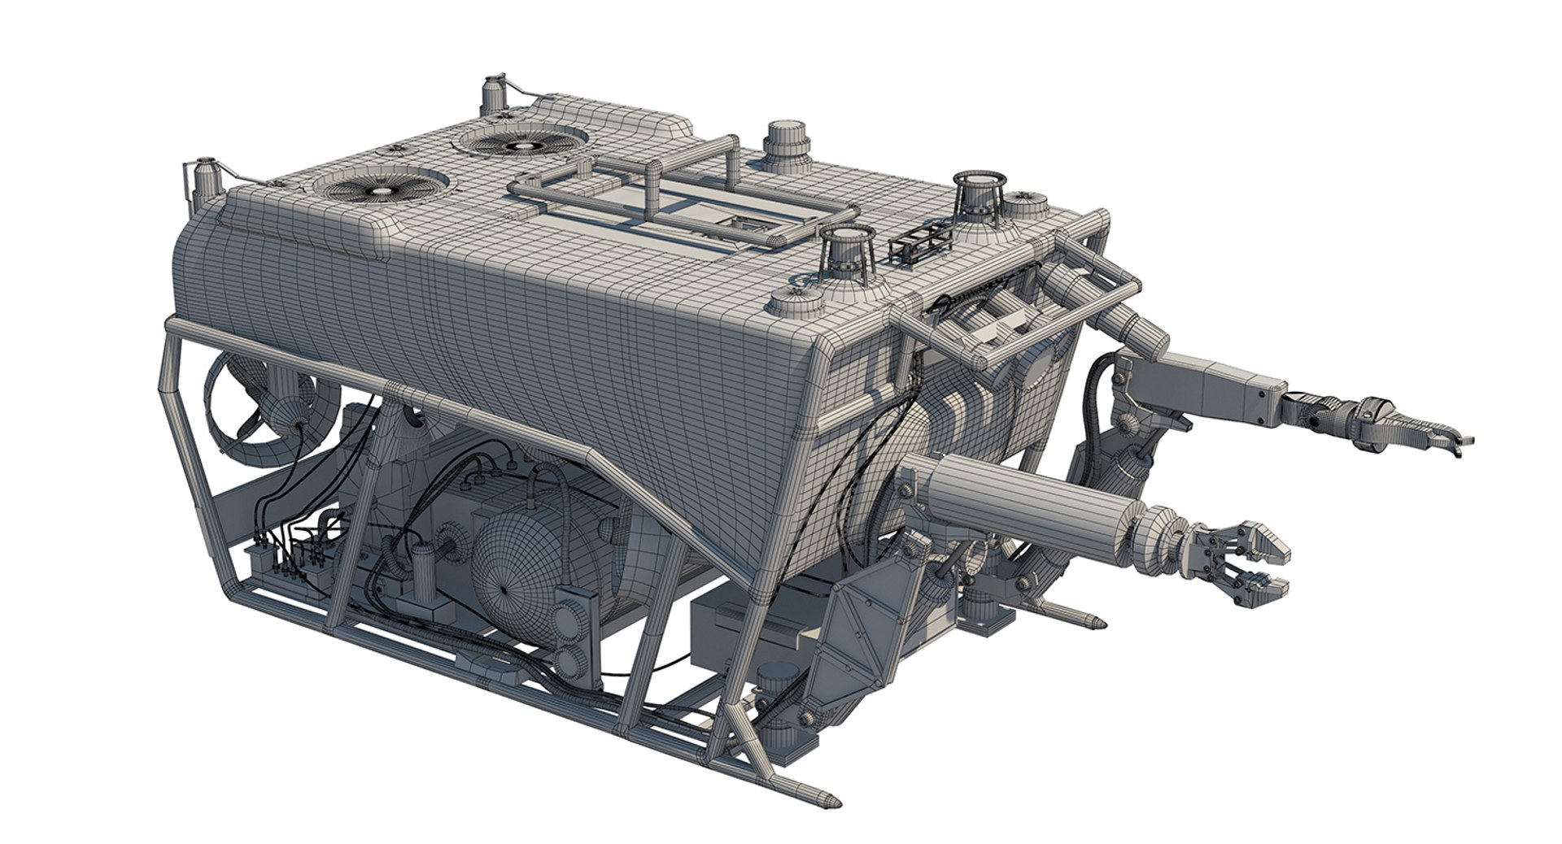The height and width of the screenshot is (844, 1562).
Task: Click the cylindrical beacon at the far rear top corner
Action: [494, 95]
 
